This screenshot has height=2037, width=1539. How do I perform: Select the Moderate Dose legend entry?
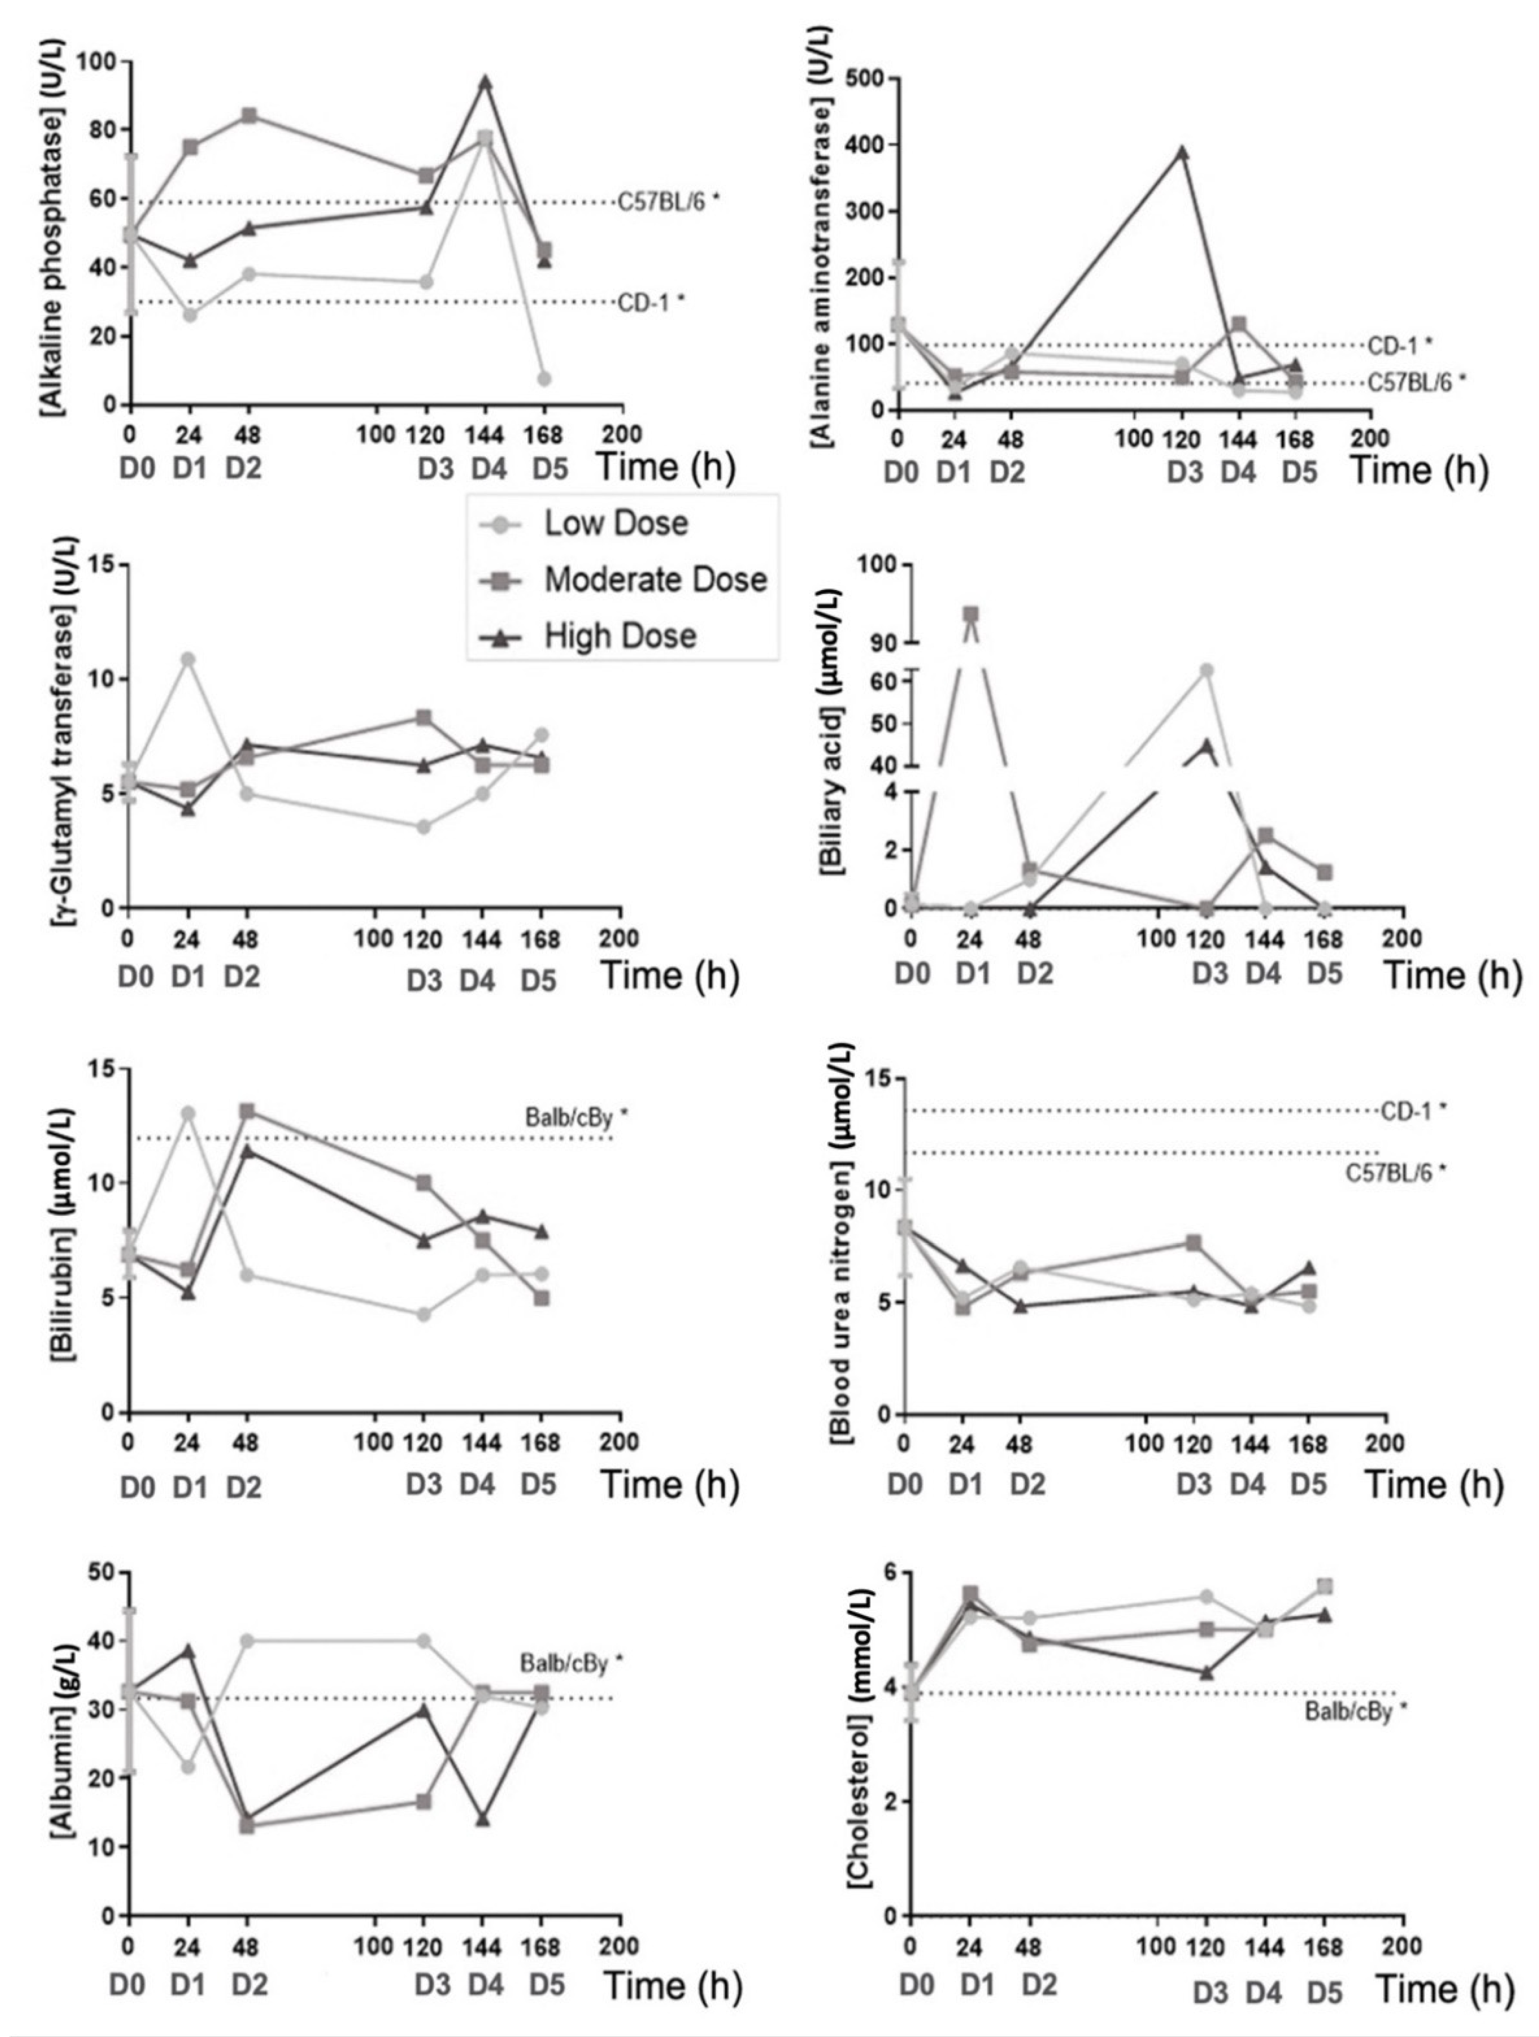(654, 579)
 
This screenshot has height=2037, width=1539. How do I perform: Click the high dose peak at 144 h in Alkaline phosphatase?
(484, 83)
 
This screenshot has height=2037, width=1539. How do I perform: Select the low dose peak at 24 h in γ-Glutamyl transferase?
(188, 658)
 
